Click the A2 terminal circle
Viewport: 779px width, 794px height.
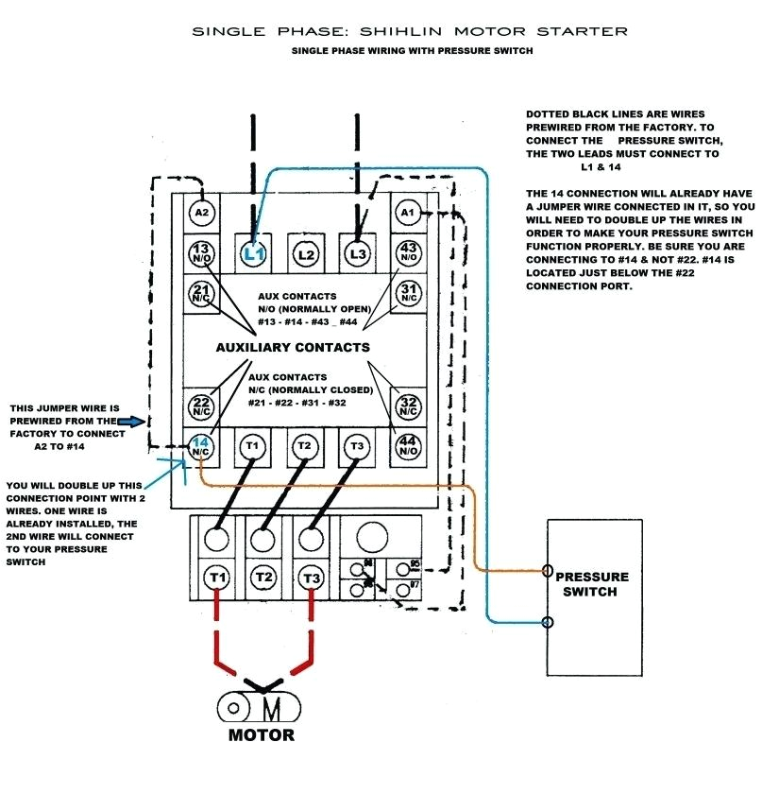(x=202, y=213)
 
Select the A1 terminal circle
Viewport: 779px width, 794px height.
(x=408, y=213)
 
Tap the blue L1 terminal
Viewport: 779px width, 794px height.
(x=252, y=253)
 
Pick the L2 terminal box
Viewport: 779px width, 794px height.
(x=305, y=253)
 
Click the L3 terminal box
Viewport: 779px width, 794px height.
(x=357, y=253)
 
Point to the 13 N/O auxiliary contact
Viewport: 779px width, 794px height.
(x=202, y=253)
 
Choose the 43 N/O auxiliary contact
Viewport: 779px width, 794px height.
(x=408, y=253)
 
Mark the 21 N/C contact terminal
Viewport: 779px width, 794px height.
(x=202, y=293)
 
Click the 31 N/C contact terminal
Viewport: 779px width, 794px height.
(x=408, y=293)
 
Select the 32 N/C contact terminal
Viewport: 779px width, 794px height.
(x=408, y=406)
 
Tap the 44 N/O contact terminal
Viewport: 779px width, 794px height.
(x=408, y=445)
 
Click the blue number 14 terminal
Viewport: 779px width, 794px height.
(x=201, y=445)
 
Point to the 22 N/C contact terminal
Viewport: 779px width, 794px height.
(x=202, y=406)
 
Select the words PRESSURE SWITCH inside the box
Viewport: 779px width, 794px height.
(x=591, y=584)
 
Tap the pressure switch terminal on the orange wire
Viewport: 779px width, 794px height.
(x=549, y=571)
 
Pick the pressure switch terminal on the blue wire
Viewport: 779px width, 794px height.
(x=549, y=622)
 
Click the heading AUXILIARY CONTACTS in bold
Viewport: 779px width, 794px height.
(x=293, y=347)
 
